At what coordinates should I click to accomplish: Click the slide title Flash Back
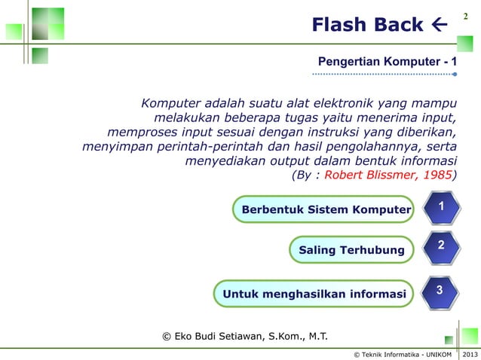tap(368, 26)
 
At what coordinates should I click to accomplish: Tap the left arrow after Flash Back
tap(438, 26)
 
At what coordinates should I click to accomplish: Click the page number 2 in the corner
tap(465, 15)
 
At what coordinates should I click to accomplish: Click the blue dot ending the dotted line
tap(454, 75)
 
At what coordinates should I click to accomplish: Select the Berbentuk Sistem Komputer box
tap(323, 209)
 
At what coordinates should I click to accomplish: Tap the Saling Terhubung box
tap(351, 249)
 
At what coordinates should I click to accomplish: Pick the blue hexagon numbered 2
tap(442, 246)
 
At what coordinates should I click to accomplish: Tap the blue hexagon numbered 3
tap(439, 290)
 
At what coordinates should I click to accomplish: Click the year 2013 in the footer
tap(470, 353)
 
